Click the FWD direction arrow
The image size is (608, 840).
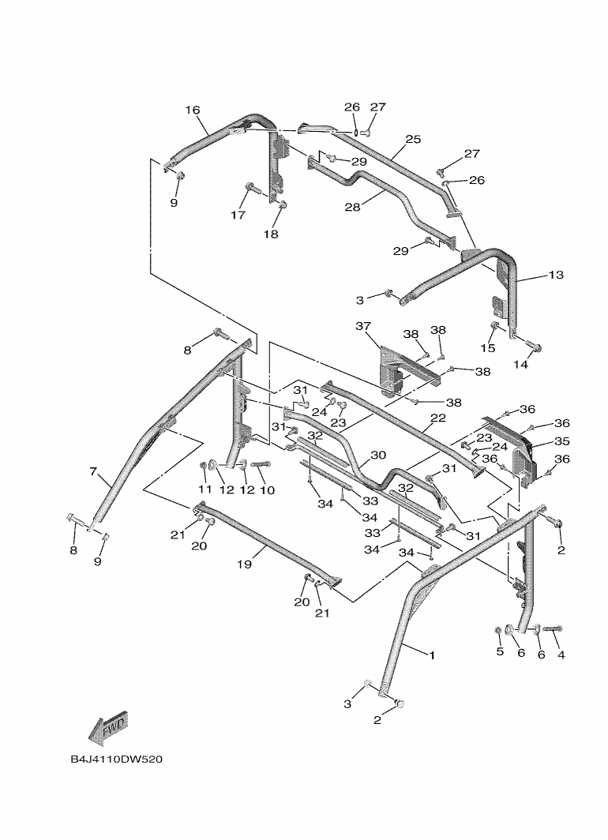(x=108, y=728)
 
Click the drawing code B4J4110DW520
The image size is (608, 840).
(x=116, y=759)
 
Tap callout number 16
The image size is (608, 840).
(x=193, y=110)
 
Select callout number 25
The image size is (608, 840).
(x=413, y=139)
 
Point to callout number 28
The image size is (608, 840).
(x=352, y=207)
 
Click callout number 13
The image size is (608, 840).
(x=556, y=275)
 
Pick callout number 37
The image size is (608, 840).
(x=362, y=326)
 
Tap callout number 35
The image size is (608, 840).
(x=562, y=441)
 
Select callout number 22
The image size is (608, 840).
(x=438, y=418)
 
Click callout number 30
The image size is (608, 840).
(x=378, y=455)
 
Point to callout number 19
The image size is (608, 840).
(x=244, y=564)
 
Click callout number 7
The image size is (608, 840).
(x=94, y=471)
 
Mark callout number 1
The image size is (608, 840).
(x=432, y=654)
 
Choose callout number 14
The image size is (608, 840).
(x=520, y=364)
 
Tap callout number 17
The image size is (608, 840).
(x=238, y=215)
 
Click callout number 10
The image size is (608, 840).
(x=267, y=490)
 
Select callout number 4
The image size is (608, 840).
(x=561, y=654)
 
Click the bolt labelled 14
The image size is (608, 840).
(x=532, y=346)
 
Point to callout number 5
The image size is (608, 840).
(x=500, y=651)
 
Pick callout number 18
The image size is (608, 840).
(x=271, y=234)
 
